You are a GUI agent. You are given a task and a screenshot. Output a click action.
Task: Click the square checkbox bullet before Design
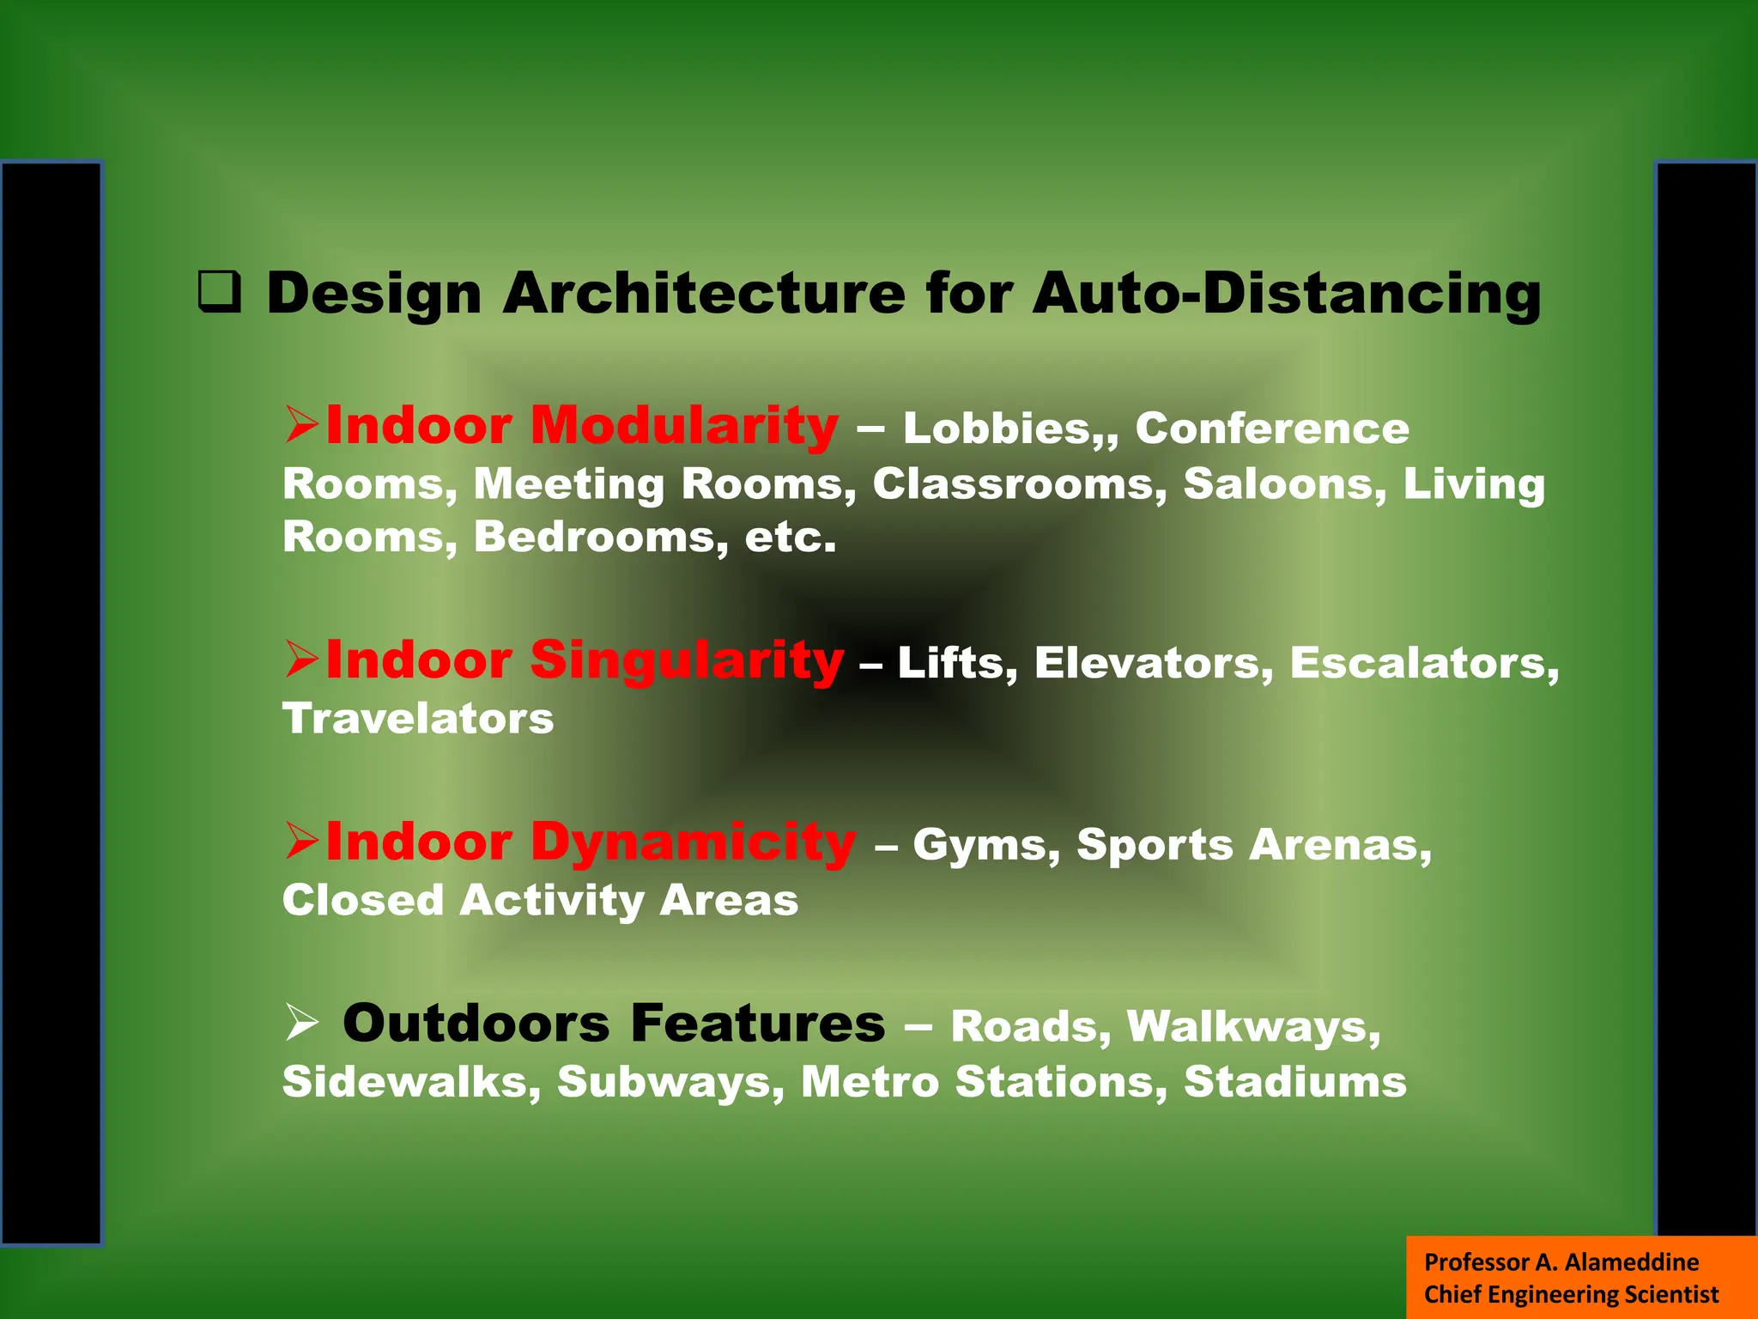click(219, 292)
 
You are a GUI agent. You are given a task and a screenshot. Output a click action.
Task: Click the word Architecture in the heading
click(704, 294)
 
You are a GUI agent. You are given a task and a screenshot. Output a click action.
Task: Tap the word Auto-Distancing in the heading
click(1287, 294)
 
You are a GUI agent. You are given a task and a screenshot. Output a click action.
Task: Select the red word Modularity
click(684, 426)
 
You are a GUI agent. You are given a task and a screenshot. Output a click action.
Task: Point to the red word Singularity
click(687, 661)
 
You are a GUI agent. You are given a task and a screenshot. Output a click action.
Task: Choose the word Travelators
click(418, 718)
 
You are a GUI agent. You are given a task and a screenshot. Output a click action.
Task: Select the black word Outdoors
click(476, 1024)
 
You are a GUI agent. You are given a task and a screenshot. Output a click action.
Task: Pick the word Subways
click(670, 1082)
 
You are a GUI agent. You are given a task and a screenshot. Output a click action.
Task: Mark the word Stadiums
click(1295, 1082)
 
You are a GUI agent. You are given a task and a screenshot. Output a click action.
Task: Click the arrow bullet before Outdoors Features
click(301, 1024)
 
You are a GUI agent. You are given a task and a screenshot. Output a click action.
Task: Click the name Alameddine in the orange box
click(1631, 1261)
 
